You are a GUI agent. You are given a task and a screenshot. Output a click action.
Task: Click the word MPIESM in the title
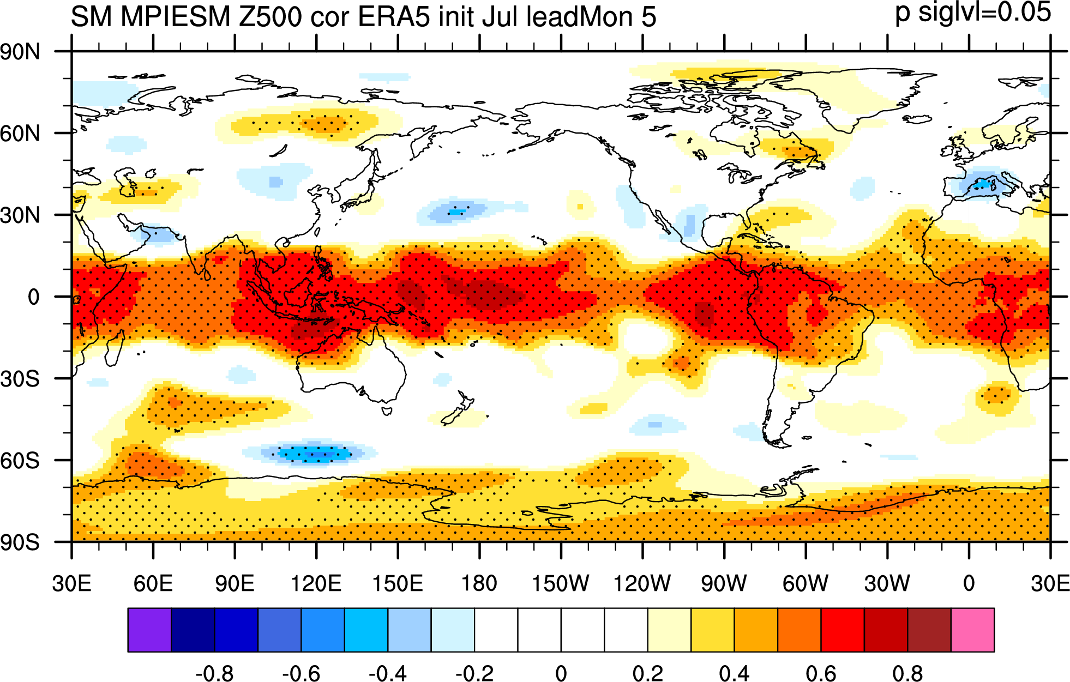tap(176, 17)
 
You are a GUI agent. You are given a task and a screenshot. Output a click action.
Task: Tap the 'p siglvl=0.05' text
tap(973, 13)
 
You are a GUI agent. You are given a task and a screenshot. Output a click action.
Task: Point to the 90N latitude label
tap(20, 52)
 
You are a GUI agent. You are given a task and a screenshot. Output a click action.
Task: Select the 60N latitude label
tap(20, 134)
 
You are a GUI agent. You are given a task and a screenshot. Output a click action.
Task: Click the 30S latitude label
tap(20, 379)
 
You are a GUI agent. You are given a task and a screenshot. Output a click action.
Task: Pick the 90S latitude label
tap(20, 542)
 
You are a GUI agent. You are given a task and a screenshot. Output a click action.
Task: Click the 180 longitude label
tap(479, 583)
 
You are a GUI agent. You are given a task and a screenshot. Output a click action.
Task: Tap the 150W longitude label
tap(561, 583)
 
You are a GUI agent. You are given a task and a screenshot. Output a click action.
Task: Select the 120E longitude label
tap(316, 583)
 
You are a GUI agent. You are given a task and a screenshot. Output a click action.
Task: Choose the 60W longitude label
tap(805, 583)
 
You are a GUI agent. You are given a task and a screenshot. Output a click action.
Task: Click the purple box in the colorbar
tap(149, 630)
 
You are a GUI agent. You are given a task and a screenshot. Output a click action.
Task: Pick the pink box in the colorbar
tap(972, 630)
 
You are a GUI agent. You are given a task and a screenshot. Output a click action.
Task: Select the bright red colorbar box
tap(843, 630)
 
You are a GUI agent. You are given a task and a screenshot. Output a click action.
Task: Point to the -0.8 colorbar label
tap(214, 673)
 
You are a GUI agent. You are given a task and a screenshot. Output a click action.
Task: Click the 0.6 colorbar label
tap(821, 673)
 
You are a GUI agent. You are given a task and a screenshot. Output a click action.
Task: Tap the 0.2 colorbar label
tap(648, 673)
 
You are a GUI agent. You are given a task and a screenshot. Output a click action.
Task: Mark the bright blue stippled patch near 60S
tap(314, 453)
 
